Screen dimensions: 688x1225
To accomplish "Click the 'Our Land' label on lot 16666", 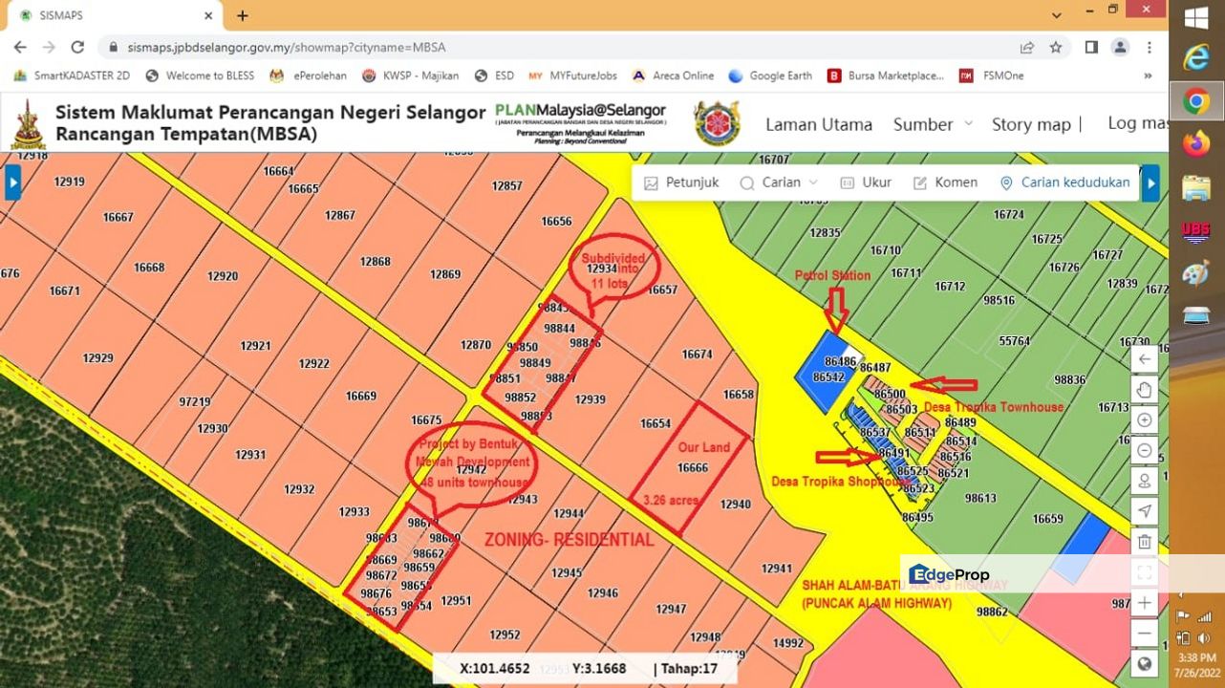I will click(703, 447).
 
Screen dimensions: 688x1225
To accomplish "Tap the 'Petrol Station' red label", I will click(832, 275).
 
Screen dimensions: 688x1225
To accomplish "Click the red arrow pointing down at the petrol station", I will click(836, 309).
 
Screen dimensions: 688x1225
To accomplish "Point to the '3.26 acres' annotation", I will click(671, 500).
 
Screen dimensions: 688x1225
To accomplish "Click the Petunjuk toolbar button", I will click(681, 183).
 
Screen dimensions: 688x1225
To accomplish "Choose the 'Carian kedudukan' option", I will click(1064, 183).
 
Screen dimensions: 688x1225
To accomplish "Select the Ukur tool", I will click(866, 183).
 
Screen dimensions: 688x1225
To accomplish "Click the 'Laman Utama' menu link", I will click(818, 124).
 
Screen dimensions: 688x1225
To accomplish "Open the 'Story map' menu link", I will click(1031, 124).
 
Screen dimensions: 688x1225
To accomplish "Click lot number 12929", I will click(97, 358).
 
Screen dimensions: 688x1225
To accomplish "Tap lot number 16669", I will click(361, 396).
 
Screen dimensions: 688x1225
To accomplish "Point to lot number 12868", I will click(375, 261).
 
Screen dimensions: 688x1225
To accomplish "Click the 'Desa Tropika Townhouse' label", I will click(993, 407).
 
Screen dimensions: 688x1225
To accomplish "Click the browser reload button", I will click(77, 47).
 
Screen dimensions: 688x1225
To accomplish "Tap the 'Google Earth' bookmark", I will click(770, 75).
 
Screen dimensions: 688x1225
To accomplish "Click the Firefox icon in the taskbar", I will click(1195, 144).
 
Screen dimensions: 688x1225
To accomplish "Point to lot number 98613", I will click(980, 498).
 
